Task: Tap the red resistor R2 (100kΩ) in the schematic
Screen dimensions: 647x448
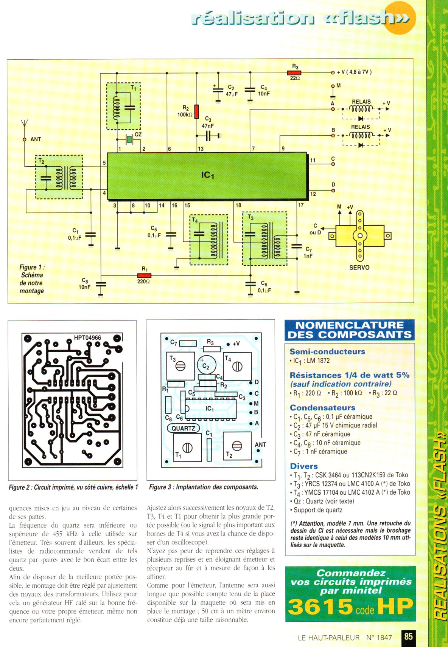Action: pyautogui.click(x=196, y=111)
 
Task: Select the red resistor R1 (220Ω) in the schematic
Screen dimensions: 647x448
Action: pyautogui.click(x=145, y=275)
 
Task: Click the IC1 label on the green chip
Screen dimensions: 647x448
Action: pyautogui.click(x=208, y=175)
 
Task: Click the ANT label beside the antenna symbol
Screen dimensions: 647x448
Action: pyautogui.click(x=36, y=139)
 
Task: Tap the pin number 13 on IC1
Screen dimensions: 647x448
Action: pyautogui.click(x=201, y=149)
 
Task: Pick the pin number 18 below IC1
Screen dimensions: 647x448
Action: pyautogui.click(x=238, y=205)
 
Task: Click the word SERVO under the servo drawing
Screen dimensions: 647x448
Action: pyautogui.click(x=359, y=268)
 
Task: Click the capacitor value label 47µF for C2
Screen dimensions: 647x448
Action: pyautogui.click(x=231, y=94)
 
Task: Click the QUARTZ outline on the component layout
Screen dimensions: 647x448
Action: pyautogui.click(x=183, y=428)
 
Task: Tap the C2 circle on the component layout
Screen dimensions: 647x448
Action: pyautogui.click(x=206, y=365)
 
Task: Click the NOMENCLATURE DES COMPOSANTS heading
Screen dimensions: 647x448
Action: pyautogui.click(x=349, y=330)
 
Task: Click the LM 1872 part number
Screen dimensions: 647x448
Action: pyautogui.click(x=317, y=361)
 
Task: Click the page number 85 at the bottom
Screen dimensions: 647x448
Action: pyautogui.click(x=408, y=636)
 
